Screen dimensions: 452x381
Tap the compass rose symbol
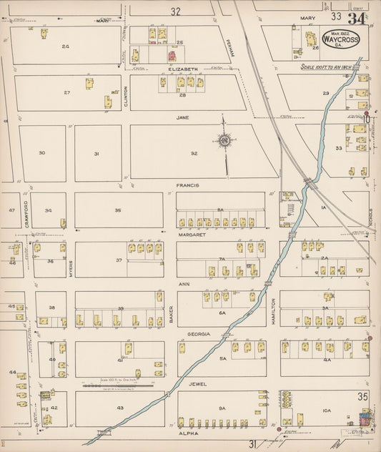[x=224, y=140]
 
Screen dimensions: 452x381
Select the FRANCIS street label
[x=187, y=185]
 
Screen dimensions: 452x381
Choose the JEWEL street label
[x=198, y=384]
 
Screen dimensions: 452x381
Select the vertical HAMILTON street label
[x=273, y=313]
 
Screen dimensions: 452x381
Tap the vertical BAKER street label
[x=172, y=313]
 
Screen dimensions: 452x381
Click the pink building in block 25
[x=171, y=56]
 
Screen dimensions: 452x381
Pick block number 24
[x=65, y=46]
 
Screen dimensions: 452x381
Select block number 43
[x=119, y=408]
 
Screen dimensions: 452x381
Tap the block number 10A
[x=327, y=410]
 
